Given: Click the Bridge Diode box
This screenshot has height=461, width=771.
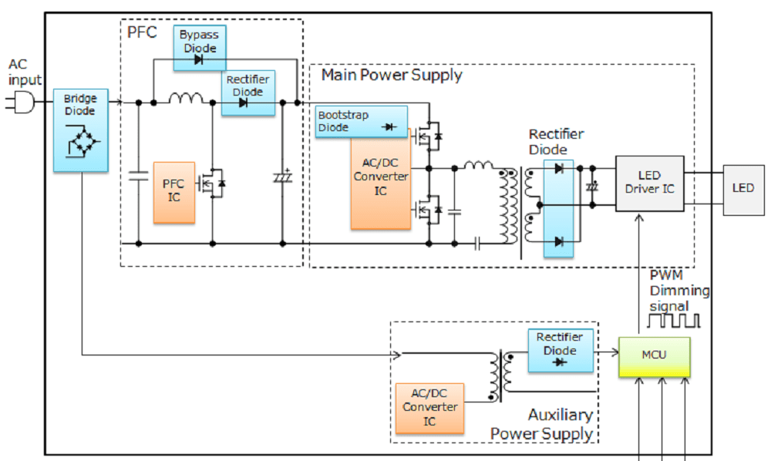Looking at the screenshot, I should coord(80,130).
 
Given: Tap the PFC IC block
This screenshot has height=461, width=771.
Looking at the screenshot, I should coord(174,193).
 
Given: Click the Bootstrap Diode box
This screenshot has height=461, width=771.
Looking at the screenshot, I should coord(361,122).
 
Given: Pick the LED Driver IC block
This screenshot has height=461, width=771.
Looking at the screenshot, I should coord(649,182).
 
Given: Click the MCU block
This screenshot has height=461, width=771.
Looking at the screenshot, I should coord(654,357).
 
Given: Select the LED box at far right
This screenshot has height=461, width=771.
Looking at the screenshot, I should coord(742,189).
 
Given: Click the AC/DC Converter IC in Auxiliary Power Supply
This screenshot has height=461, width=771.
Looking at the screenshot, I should coord(429,407).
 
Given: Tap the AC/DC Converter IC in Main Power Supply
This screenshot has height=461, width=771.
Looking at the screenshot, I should coord(380,183).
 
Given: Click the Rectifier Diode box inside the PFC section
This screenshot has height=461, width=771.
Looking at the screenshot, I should coord(247,93).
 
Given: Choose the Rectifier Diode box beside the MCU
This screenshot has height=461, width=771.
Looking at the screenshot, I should coord(561,350).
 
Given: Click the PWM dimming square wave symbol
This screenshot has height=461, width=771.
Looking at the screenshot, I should coord(674,318).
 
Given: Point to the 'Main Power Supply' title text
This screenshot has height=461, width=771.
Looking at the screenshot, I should coord(392,75).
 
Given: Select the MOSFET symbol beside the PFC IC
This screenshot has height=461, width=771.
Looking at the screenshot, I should coord(212,183).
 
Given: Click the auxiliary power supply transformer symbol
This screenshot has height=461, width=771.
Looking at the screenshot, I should coord(500,375).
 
